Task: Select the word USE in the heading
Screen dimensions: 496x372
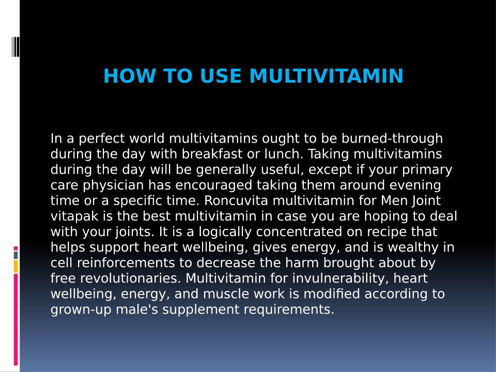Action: (221, 76)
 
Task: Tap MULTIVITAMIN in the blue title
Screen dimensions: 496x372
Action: (327, 76)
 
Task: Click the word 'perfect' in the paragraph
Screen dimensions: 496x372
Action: (102, 139)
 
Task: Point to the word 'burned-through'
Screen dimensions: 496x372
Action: (392, 139)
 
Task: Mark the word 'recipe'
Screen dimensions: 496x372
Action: (386, 232)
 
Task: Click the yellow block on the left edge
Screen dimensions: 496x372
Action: (16, 267)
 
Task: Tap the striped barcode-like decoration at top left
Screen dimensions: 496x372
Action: (16, 47)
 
